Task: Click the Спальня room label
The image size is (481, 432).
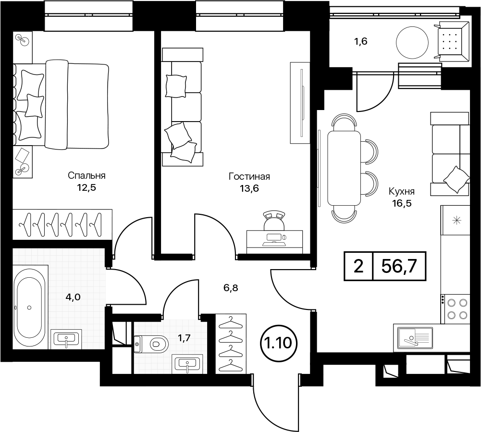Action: pos(86,176)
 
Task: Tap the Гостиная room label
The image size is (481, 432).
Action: pos(249,177)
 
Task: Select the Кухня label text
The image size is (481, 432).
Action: pos(402,192)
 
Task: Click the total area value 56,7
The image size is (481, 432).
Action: pos(399,266)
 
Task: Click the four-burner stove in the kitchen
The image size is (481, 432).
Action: pos(455,309)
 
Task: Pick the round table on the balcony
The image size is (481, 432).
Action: pos(412,43)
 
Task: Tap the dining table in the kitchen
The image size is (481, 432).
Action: pos(344,168)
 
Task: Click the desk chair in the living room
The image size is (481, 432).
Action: pos(274,220)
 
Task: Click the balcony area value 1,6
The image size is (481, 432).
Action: pos(361,41)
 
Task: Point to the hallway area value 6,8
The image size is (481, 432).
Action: pos(231,288)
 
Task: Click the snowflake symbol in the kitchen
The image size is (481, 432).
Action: pos(456,220)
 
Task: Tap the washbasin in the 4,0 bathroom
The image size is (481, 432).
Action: pos(66,339)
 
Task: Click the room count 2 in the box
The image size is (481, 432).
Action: pos(358,266)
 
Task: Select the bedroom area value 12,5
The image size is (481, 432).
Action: pos(86,187)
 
